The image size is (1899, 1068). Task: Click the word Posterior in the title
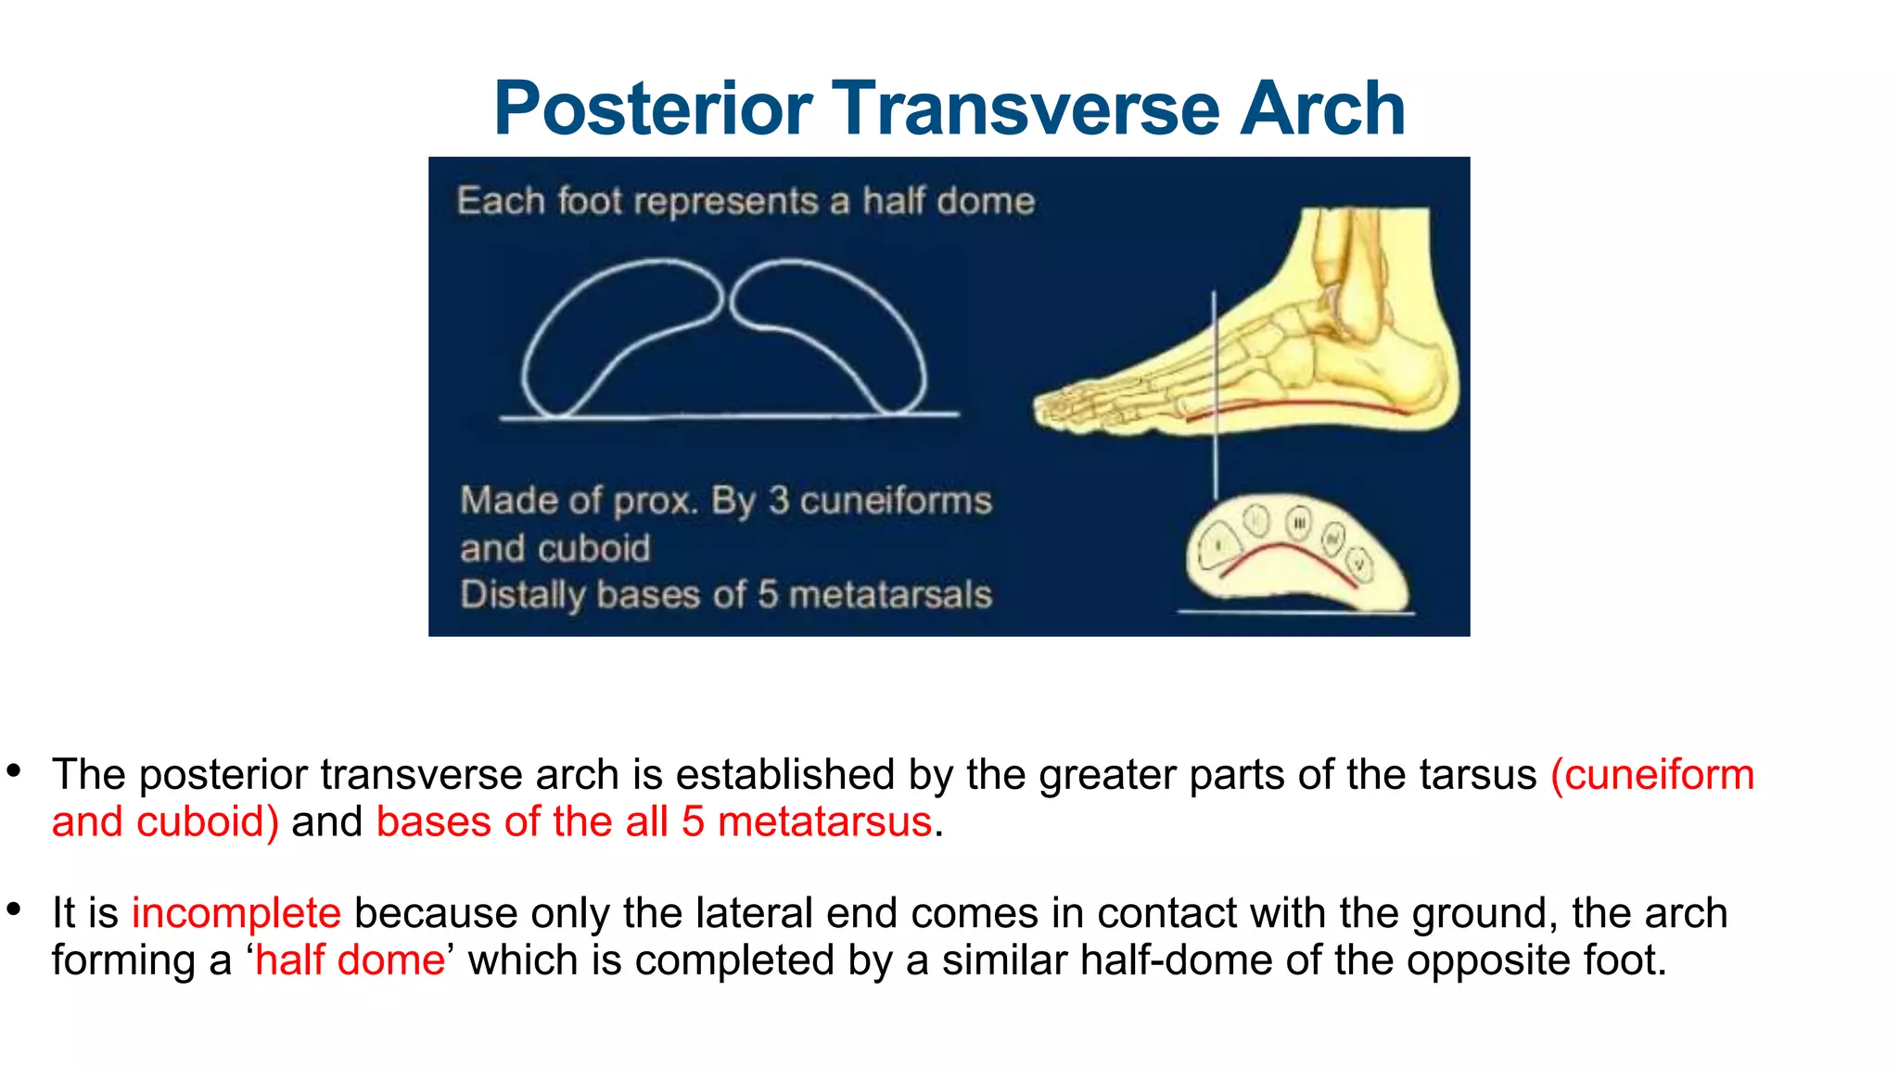pos(653,109)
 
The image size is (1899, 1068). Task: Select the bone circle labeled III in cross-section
pos(1299,524)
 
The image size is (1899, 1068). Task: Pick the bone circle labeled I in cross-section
pos(1217,547)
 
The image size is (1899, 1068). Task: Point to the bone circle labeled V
pos(1360,564)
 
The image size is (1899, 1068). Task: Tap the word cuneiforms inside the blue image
pos(896,501)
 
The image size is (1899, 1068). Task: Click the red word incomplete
pos(236,913)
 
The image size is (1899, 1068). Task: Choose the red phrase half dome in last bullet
pos(350,960)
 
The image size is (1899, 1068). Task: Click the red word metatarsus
pos(824,821)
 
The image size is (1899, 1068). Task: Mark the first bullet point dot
pos(13,769)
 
